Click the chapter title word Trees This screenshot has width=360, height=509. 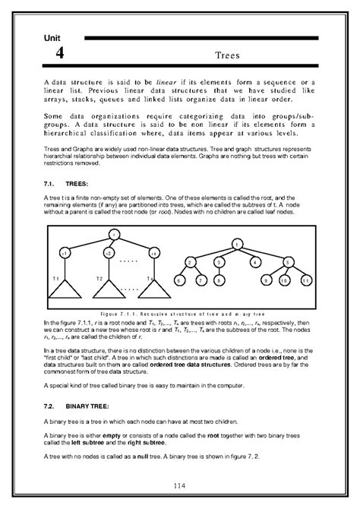tap(228, 55)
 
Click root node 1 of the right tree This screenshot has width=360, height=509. tap(237, 245)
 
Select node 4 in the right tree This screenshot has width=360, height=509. tap(254, 262)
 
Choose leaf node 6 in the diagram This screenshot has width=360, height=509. tap(179, 280)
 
